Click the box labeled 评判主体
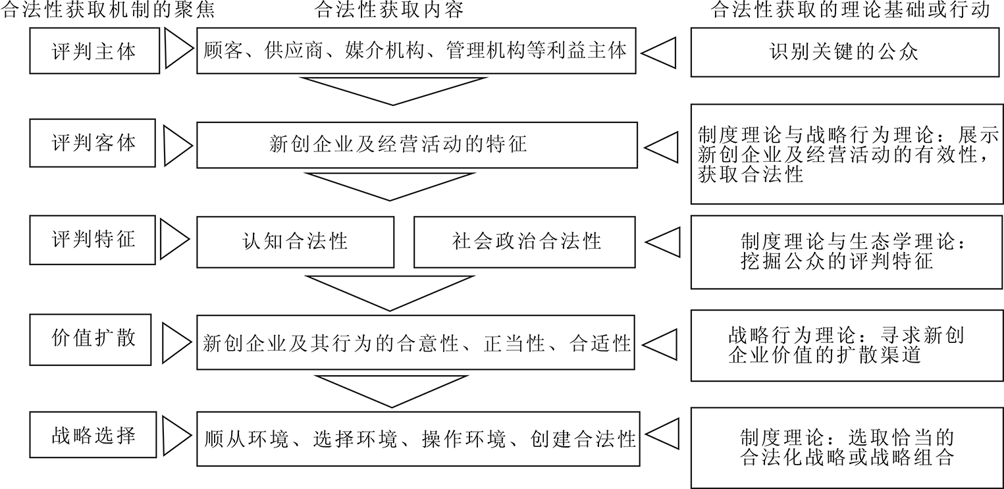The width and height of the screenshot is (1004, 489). click(x=94, y=51)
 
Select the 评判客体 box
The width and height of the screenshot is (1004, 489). click(x=94, y=143)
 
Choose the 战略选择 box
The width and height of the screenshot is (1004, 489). click(x=94, y=436)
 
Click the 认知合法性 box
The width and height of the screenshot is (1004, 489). click(x=295, y=242)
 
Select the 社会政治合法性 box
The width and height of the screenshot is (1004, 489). click(x=525, y=242)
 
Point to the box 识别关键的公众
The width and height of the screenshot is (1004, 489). click(x=843, y=52)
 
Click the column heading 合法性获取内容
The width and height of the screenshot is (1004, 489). click(x=390, y=11)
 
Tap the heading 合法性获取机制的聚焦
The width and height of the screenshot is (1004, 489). click(x=109, y=11)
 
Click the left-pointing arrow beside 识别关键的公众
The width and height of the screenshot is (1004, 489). click(x=660, y=52)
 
